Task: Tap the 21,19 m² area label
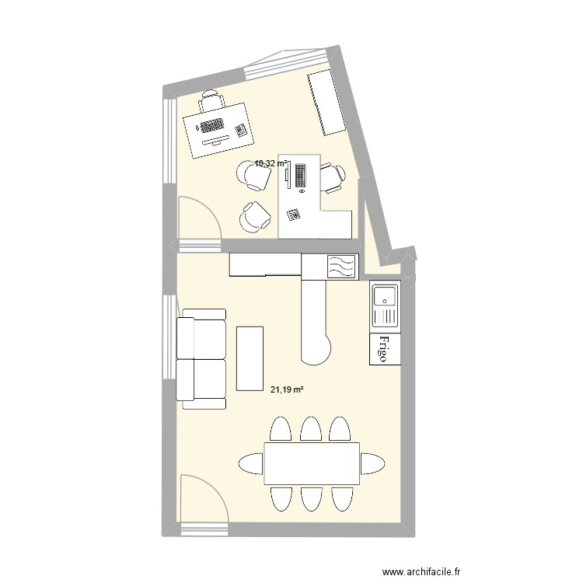(x=286, y=390)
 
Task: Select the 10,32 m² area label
(x=271, y=163)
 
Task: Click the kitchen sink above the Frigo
(x=385, y=305)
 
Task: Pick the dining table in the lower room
(x=311, y=464)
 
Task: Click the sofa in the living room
(x=201, y=358)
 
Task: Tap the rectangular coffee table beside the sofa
(x=250, y=358)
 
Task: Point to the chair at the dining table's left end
(x=250, y=464)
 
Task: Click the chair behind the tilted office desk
(x=211, y=100)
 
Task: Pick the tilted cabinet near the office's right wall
(x=326, y=103)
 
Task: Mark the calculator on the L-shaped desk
(x=294, y=214)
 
